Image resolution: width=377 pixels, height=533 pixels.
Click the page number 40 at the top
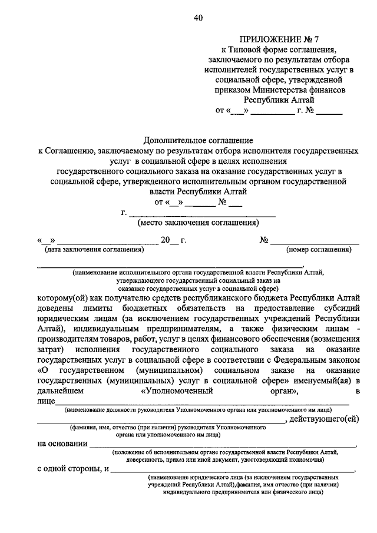[x=197, y=18]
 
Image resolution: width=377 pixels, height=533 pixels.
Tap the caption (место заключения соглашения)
[x=198, y=223]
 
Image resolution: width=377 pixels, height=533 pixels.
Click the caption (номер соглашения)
[x=319, y=250]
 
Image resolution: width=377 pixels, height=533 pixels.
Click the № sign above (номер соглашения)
[x=264, y=240]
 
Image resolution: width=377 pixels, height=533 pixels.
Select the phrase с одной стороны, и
[x=72, y=469]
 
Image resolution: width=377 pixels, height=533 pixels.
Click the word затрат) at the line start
[x=52, y=349]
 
